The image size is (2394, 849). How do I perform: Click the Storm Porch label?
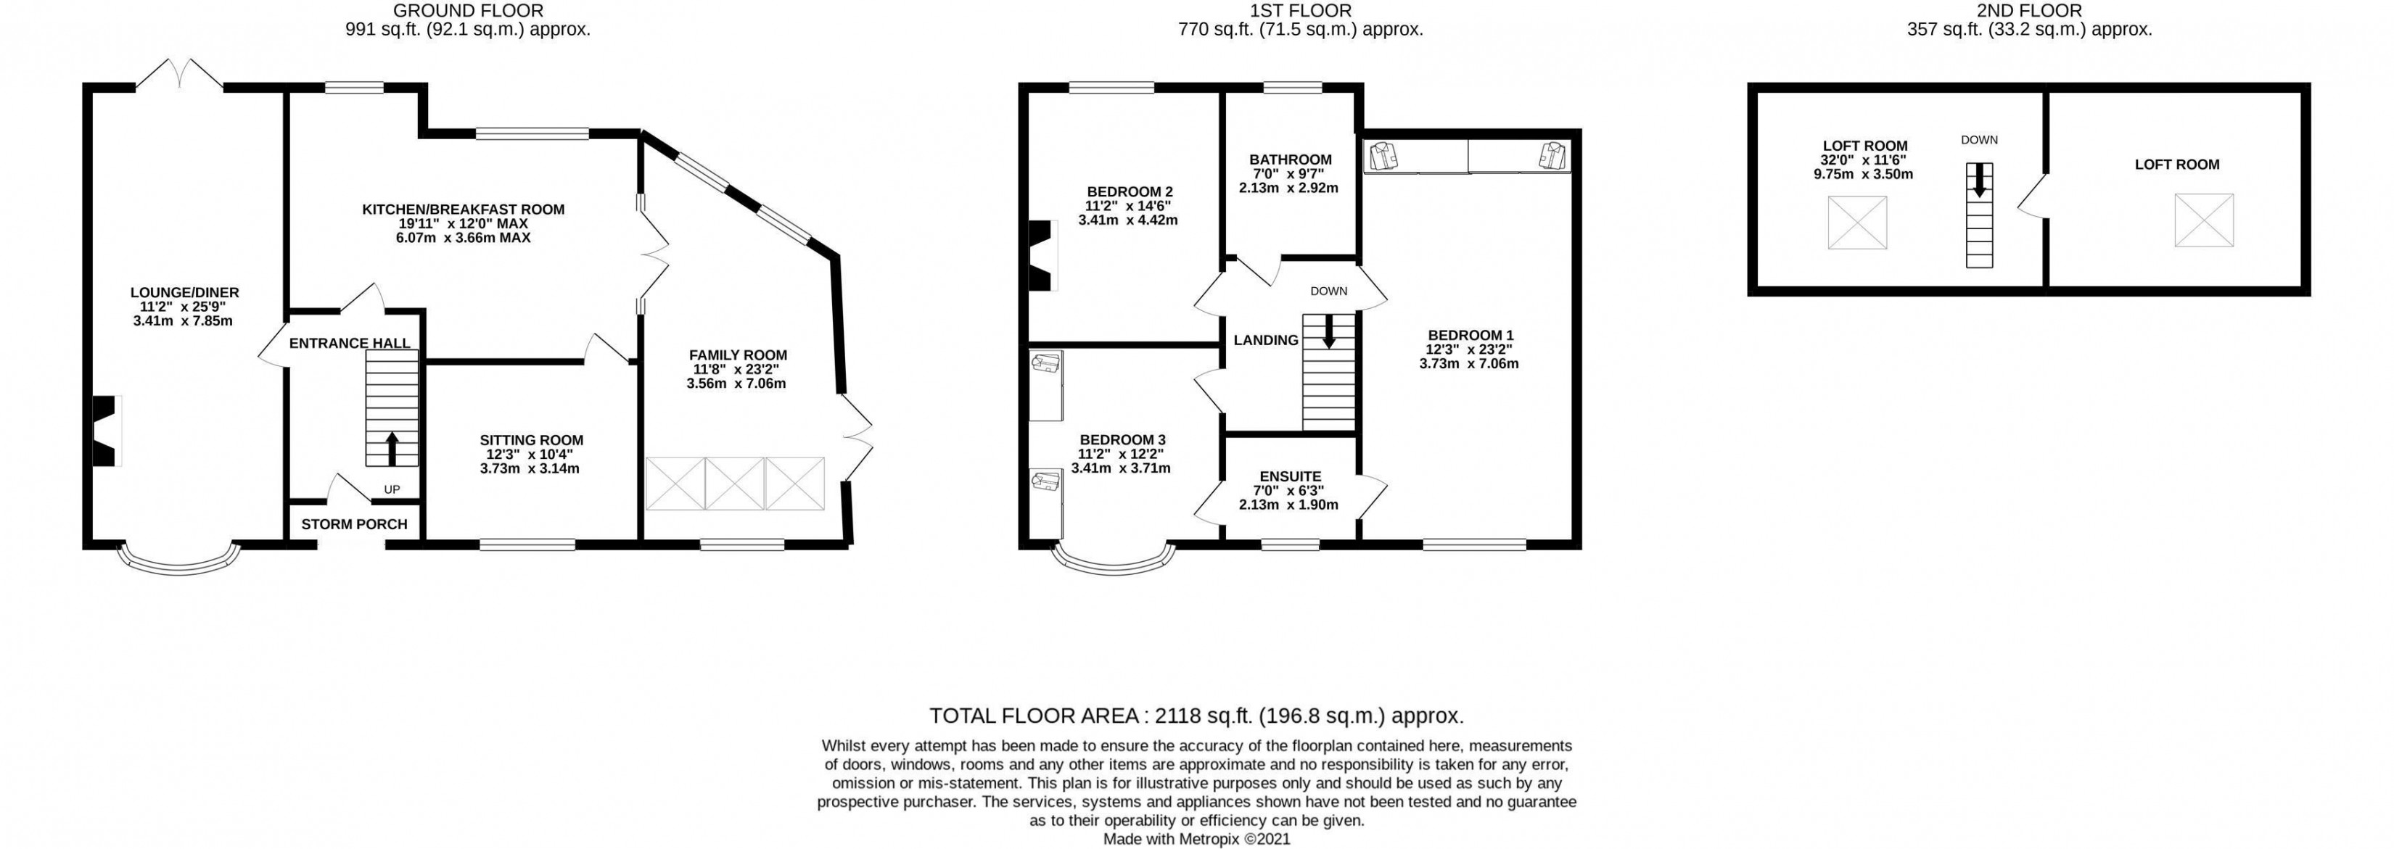354,524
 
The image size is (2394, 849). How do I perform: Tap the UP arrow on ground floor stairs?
391,448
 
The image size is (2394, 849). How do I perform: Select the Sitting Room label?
532,440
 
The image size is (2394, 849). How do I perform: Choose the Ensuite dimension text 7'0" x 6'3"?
1288,490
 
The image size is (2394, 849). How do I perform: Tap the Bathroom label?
1290,160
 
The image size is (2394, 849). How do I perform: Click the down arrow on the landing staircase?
1329,331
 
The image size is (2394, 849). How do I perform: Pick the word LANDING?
1266,340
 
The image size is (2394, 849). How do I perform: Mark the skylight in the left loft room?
1857,223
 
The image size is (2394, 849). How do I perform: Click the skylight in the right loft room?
2203,220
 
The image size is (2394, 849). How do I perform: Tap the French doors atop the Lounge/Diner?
181,73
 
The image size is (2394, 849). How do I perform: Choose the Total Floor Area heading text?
1197,716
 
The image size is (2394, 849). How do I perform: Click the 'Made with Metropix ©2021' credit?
1197,839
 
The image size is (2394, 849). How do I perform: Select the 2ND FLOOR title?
2030,10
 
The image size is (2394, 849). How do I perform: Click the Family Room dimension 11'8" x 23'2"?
736,369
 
